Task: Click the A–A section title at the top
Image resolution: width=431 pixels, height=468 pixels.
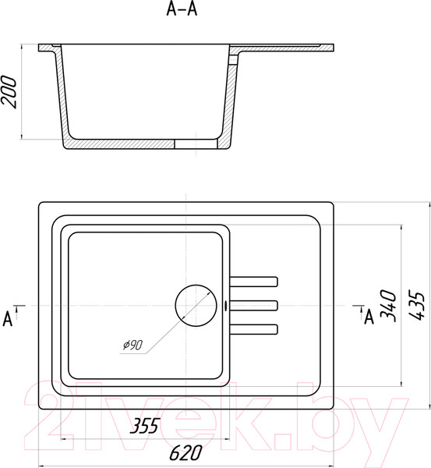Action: click(182, 9)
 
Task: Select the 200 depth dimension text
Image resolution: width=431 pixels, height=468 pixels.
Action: click(9, 91)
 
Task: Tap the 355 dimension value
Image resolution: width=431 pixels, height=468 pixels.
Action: click(145, 426)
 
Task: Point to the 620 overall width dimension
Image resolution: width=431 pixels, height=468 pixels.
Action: click(185, 452)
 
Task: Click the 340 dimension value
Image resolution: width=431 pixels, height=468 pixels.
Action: click(388, 305)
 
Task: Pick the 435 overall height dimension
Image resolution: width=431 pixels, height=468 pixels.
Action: click(415, 305)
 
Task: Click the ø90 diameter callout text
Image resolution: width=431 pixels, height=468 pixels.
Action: click(133, 345)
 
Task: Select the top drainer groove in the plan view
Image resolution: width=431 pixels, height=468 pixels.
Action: click(254, 282)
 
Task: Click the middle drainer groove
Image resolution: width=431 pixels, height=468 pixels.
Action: click(254, 305)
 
